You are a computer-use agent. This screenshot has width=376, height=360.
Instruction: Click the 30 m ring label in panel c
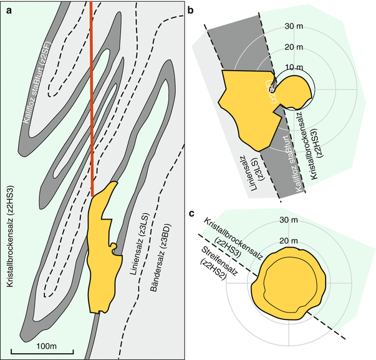coord(289,220)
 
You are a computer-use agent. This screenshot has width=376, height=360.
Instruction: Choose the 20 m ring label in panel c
coord(289,241)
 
